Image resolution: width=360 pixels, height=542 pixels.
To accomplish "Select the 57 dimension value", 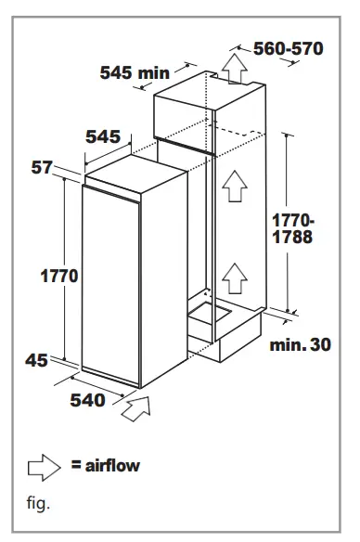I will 42,167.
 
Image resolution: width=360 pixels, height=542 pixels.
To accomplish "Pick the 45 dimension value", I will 37,360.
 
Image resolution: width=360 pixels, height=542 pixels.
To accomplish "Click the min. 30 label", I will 301,346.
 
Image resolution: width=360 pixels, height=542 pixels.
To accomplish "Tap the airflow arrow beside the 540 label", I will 135,406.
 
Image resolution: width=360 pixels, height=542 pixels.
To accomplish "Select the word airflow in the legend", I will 112,465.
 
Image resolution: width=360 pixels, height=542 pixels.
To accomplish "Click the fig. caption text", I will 38,505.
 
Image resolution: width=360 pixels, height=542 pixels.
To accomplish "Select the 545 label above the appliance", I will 103,137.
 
